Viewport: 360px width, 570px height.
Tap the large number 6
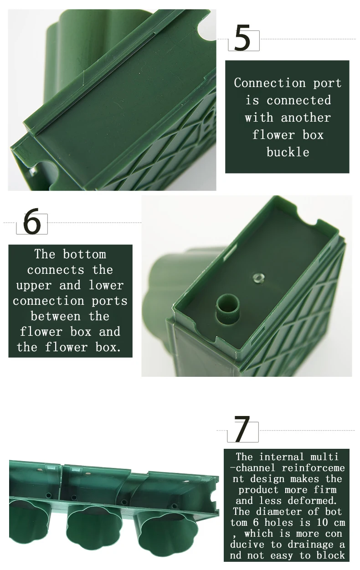[32, 221]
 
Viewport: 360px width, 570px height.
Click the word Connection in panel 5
[270, 83]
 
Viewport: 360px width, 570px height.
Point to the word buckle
[288, 152]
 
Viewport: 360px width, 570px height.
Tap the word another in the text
[306, 118]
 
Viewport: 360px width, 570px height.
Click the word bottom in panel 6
[84, 254]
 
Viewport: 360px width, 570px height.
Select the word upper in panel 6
[34, 286]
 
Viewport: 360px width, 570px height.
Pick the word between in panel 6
[56, 316]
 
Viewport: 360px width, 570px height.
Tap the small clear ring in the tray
[258, 277]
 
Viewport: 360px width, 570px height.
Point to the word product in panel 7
[258, 490]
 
